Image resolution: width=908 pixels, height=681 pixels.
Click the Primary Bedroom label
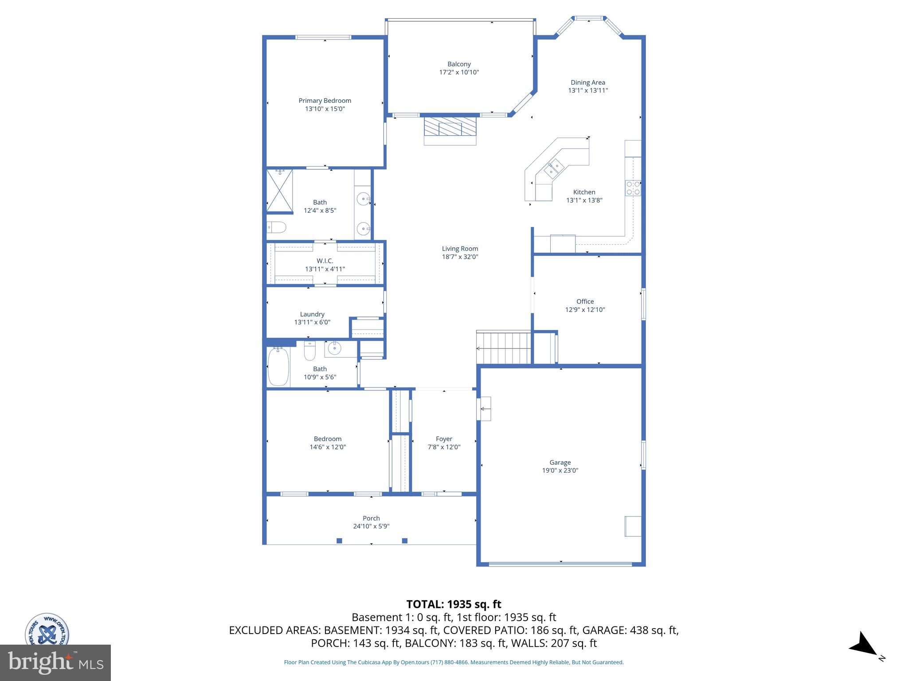coord(325,101)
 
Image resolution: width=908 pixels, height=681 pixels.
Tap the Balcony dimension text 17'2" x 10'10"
coord(459,72)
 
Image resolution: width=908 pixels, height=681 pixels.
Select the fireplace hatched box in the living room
coord(450,126)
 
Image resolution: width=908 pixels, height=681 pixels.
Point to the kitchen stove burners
coord(633,188)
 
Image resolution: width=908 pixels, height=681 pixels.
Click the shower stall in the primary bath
coord(280,191)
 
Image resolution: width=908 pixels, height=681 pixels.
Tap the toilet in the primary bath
coord(277,227)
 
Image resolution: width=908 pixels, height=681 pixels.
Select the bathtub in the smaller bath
coord(278,366)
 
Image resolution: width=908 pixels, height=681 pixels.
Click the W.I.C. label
coord(325,261)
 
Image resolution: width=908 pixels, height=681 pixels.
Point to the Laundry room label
coord(312,314)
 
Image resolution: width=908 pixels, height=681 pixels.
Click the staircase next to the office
coord(504,348)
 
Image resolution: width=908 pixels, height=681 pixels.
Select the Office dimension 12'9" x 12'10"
coord(585,309)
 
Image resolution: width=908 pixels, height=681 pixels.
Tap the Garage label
coord(560,462)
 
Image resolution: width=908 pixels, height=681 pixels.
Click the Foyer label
coord(444,439)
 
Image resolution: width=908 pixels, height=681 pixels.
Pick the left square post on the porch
coord(339,540)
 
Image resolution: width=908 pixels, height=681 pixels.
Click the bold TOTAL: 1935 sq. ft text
coord(454,604)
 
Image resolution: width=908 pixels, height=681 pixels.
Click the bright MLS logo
coord(55,663)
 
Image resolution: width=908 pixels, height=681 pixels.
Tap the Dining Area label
coord(587,82)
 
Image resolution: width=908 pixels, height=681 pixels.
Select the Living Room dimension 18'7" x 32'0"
coord(460,257)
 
